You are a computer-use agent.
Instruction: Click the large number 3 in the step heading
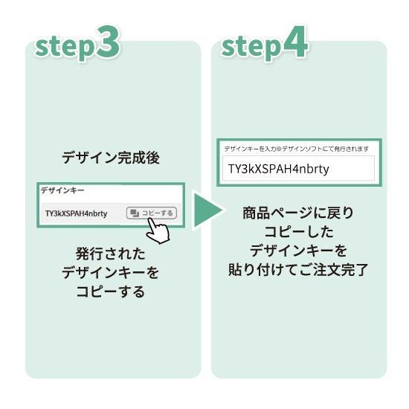point(108,42)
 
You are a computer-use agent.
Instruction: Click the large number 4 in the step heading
point(295,42)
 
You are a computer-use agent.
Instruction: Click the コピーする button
point(152,213)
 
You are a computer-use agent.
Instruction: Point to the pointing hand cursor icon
point(158,231)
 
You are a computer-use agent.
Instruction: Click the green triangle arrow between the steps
point(207,210)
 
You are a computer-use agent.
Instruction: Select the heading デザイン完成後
point(111,158)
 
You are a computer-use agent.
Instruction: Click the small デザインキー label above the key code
point(62,190)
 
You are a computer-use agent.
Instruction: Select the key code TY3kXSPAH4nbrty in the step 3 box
point(76,213)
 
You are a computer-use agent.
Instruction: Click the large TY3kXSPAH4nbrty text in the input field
point(278,169)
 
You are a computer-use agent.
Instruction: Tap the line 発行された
point(111,254)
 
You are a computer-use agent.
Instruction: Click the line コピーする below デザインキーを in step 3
point(111,292)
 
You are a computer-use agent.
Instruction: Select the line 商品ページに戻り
point(298,213)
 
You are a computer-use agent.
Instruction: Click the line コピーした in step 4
point(299,231)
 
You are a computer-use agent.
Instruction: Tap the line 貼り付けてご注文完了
point(298,269)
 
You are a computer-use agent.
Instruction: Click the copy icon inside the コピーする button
point(135,213)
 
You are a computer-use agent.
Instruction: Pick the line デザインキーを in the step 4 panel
point(298,251)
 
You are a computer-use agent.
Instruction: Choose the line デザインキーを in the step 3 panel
point(111,273)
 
